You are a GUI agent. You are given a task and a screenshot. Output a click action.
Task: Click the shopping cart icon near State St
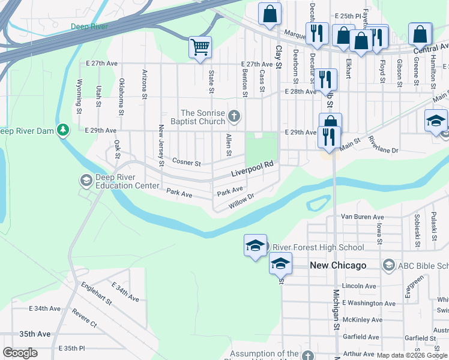tap(200, 47)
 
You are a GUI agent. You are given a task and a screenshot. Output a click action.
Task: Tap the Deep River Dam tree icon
tap(63, 130)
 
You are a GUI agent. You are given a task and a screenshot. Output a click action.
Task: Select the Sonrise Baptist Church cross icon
tap(234, 115)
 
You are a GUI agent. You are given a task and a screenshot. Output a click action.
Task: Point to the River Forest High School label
tap(318, 247)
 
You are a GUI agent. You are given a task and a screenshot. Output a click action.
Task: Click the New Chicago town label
tap(338, 265)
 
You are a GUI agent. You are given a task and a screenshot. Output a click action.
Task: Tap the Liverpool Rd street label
tap(253, 169)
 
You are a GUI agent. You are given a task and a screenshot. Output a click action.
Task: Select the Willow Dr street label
tap(242, 200)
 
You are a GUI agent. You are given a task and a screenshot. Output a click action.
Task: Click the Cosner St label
tap(186, 162)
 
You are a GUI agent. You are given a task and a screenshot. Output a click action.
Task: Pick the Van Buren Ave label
tap(362, 217)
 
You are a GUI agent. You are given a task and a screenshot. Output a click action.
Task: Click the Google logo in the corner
tap(20, 353)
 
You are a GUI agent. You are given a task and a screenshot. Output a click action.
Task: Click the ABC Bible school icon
tap(388, 265)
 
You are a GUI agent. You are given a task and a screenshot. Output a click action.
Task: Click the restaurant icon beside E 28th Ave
tap(325, 79)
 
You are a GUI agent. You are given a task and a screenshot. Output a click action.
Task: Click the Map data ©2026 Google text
tap(412, 355)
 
